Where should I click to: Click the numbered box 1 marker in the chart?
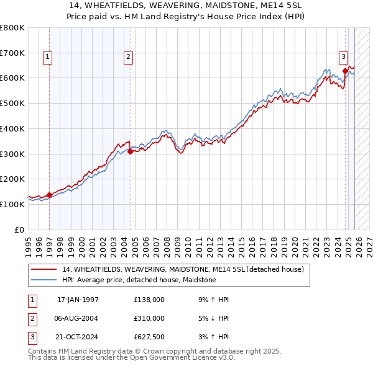point(48,58)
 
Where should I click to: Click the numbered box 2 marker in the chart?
point(128,58)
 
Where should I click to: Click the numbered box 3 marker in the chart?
point(343,58)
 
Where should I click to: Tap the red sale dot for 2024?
point(345,71)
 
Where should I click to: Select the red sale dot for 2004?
point(130,151)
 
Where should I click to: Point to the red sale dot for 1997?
point(50,195)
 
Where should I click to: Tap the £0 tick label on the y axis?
point(19,230)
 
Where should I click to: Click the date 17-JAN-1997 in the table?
point(78,300)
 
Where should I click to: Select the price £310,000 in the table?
point(149,318)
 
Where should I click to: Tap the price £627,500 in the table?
point(149,337)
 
